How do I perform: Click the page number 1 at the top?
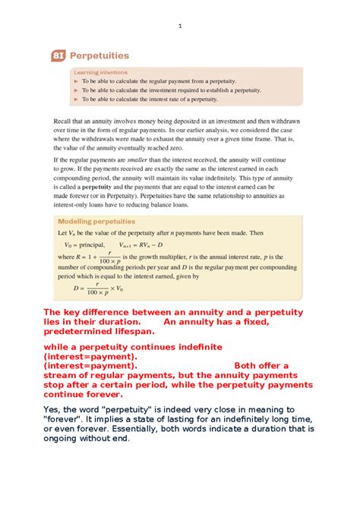[x=180, y=27]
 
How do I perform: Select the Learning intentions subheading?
[x=96, y=71]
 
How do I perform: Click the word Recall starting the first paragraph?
[x=64, y=121]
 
